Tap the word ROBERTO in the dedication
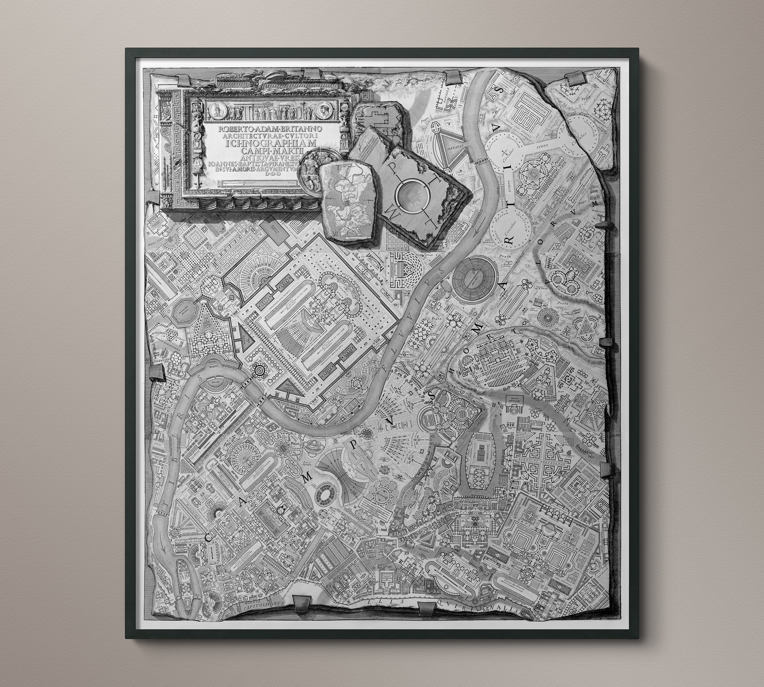tap(235, 128)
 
